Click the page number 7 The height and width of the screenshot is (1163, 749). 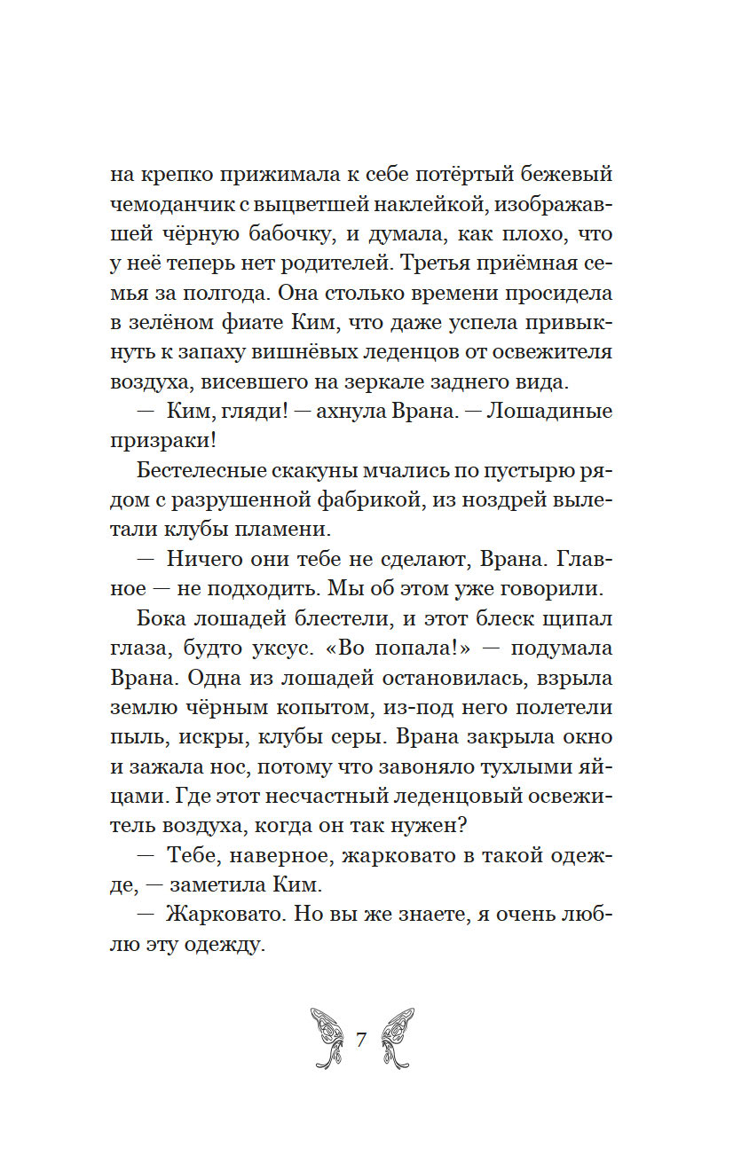tap(361, 1040)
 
